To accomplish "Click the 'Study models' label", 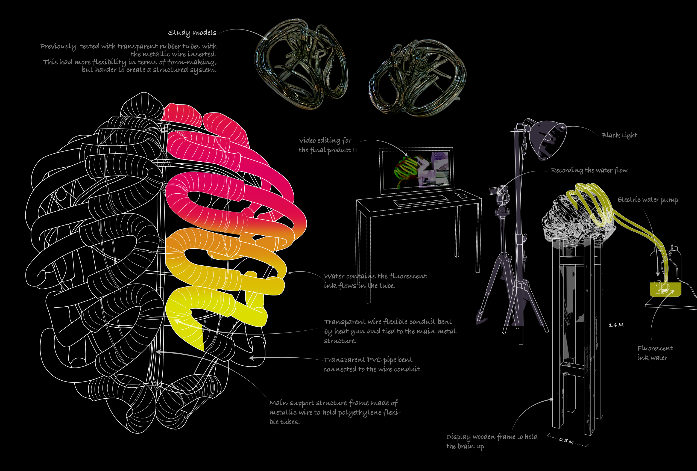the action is [x=192, y=33].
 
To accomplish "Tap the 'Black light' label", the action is [x=619, y=135].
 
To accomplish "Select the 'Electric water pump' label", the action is [x=648, y=200].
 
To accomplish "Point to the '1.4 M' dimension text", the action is [x=616, y=325].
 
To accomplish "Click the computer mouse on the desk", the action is [x=462, y=196].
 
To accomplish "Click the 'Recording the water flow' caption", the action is [x=589, y=170].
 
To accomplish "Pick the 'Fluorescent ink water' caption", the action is [x=654, y=353].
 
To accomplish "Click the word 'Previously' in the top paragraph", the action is [x=58, y=47].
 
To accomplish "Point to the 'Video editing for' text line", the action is [x=325, y=141].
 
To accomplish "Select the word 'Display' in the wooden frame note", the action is [x=458, y=437].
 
